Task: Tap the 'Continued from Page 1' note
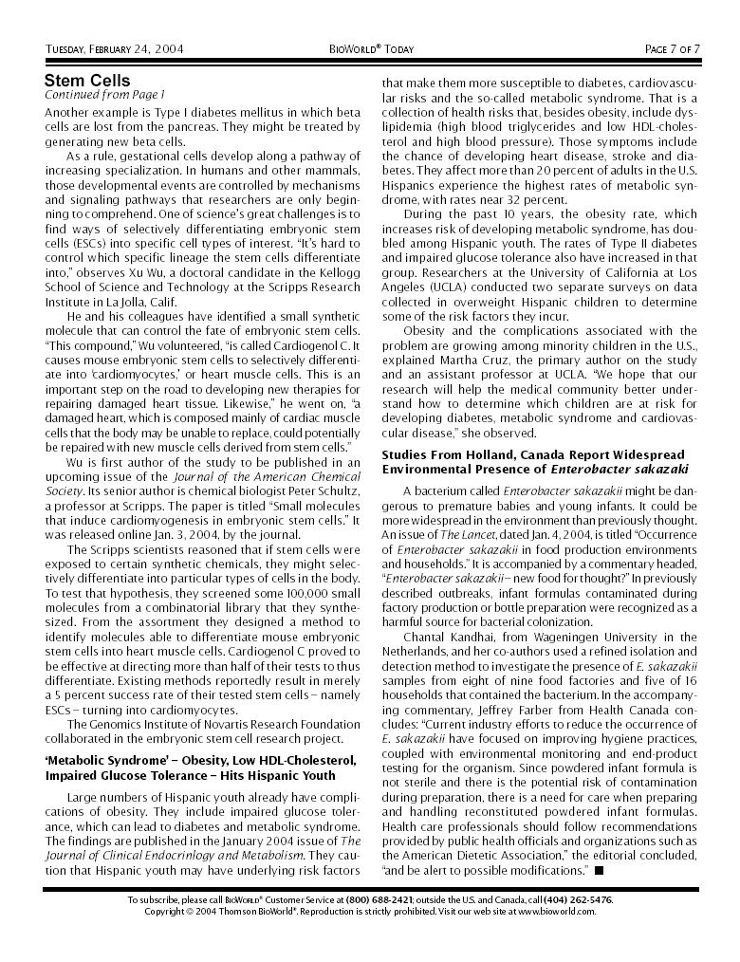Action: click(x=104, y=95)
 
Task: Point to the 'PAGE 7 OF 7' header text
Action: click(x=672, y=49)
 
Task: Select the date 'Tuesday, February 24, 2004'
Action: click(x=115, y=49)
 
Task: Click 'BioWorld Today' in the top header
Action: click(x=371, y=49)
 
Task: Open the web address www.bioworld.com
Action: click(x=555, y=912)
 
